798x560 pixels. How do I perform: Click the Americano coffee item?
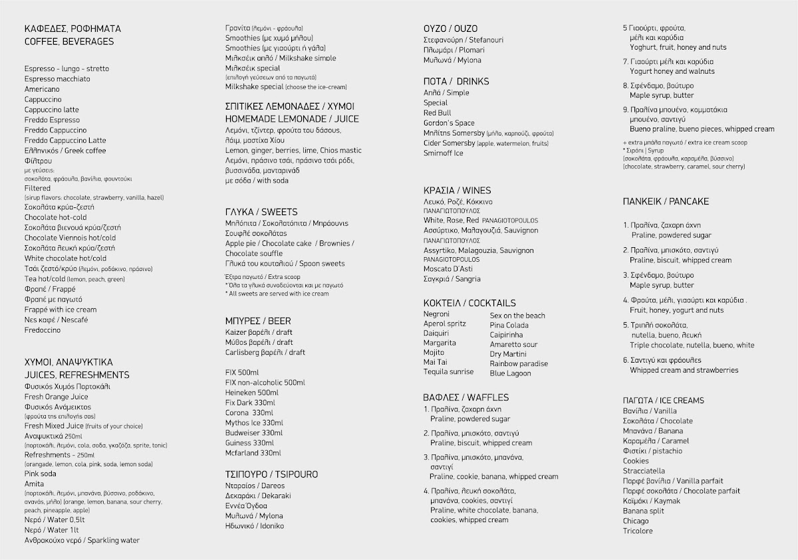pos(43,89)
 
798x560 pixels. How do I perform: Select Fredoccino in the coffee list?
pos(43,330)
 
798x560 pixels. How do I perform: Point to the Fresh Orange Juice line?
pos(56,397)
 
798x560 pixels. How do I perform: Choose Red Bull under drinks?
pos(437,113)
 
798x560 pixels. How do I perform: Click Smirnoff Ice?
pos(442,153)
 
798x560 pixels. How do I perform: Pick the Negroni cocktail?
pos(436,314)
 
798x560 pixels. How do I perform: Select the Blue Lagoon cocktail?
pos(510,373)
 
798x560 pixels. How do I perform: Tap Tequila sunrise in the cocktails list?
pos(448,371)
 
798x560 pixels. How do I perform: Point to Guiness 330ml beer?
pos(249,443)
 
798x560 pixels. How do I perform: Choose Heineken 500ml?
pos(251,393)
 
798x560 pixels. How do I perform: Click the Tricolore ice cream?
pos(638,531)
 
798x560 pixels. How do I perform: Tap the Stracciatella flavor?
pos(643,471)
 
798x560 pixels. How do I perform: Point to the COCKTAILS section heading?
pos(469,303)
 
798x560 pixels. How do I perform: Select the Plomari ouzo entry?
pos(454,50)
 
